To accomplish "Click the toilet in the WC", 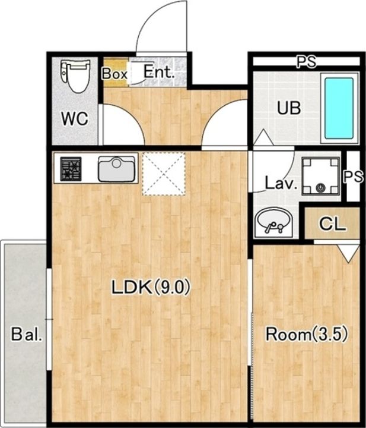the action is (x=75, y=76).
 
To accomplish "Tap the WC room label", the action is (x=75, y=119).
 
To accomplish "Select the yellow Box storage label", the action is (x=115, y=74).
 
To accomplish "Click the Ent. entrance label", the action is (x=159, y=72).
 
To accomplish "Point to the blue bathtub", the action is (x=339, y=108).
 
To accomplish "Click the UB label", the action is (x=289, y=108).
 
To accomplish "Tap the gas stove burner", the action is (x=71, y=169).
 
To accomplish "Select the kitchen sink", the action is (x=116, y=169).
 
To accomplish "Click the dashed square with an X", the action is (x=164, y=174).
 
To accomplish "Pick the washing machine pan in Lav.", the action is (x=321, y=176).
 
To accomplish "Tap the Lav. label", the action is (x=281, y=184).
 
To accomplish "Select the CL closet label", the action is (x=333, y=224).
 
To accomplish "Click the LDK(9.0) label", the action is (x=151, y=287).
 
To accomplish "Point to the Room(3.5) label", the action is (x=307, y=334).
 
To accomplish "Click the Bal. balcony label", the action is (x=27, y=334).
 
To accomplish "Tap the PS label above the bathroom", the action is (x=306, y=62).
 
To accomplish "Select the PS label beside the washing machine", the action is (x=353, y=177).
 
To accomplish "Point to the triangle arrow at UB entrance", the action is (x=263, y=137).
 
